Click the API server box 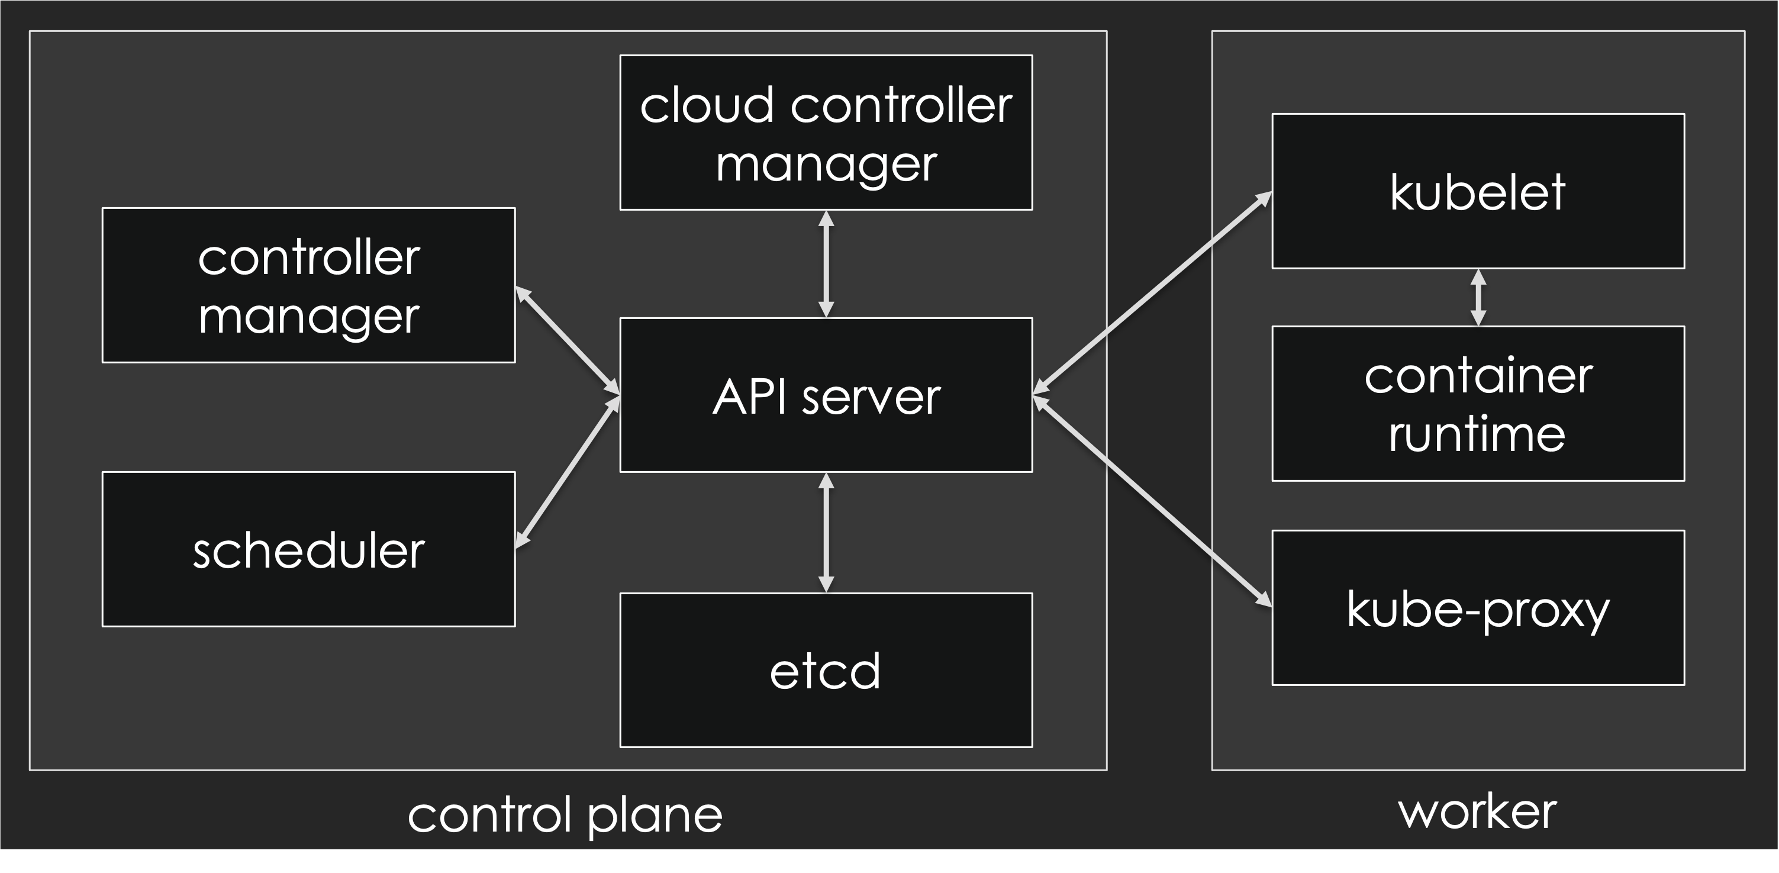[x=826, y=395]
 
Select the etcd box [x=826, y=670]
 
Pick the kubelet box [x=1478, y=191]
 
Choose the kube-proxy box [x=1478, y=608]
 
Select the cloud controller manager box [x=826, y=133]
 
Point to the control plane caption [x=565, y=815]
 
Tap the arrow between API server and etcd [x=826, y=533]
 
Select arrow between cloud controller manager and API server [x=826, y=264]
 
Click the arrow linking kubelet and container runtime [x=1478, y=297]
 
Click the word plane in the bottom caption [x=655, y=816]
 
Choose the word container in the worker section [x=1478, y=376]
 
